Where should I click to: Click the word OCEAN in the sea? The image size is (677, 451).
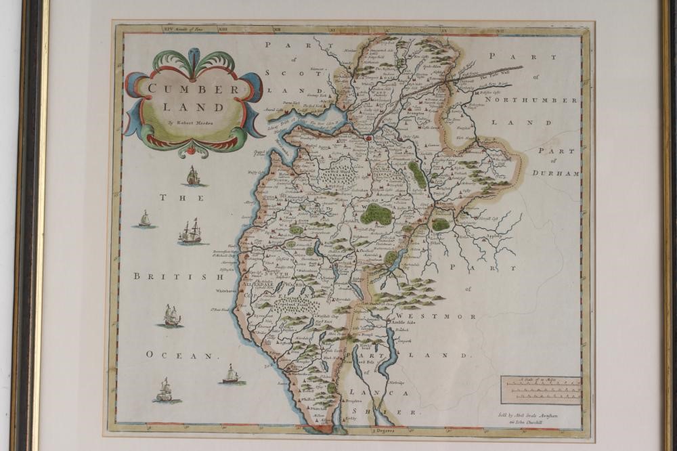tap(181, 354)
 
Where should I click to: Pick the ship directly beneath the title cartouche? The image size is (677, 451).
tap(194, 176)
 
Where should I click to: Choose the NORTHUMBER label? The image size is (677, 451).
tap(533, 100)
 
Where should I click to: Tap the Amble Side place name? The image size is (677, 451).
tap(401, 322)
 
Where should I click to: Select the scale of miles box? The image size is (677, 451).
tap(541, 390)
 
